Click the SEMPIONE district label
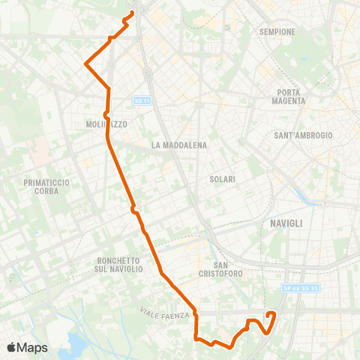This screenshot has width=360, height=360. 277,32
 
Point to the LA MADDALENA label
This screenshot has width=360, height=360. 178,145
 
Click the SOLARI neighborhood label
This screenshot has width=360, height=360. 223,179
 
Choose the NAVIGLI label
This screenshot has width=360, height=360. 285,223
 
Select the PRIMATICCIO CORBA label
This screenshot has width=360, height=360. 46,187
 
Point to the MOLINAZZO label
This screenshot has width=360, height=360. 104,125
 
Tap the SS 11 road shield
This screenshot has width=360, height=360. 142,100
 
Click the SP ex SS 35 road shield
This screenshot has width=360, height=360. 301,287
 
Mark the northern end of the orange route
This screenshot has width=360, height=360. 132,11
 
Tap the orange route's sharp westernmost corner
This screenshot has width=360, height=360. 86,64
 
